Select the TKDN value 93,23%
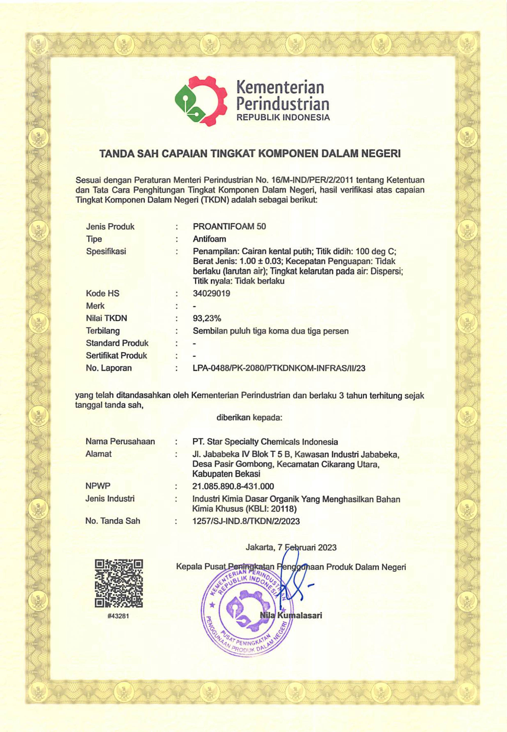pos(207,318)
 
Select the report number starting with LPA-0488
pos(279,368)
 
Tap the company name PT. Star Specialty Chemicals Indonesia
pos(265,442)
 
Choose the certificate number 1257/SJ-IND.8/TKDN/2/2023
pos(246,521)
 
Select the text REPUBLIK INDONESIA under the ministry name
pos(284,117)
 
